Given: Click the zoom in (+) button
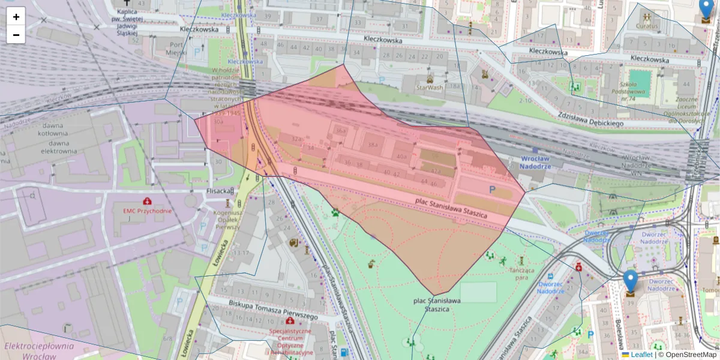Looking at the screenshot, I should [x=16, y=17].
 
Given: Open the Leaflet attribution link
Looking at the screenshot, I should [x=641, y=355].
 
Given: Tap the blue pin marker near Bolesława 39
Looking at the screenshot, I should [x=630, y=281].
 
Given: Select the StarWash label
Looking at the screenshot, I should [x=430, y=88].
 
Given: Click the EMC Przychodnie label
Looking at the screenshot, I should [x=146, y=211].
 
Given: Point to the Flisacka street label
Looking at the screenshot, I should [x=219, y=191].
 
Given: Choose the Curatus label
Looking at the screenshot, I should [x=647, y=26].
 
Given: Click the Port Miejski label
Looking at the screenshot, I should [x=176, y=49].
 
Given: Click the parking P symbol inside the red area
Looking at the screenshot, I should [x=493, y=190].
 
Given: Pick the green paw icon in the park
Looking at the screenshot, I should [x=335, y=212].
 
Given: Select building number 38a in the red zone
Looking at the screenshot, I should [x=373, y=145].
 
